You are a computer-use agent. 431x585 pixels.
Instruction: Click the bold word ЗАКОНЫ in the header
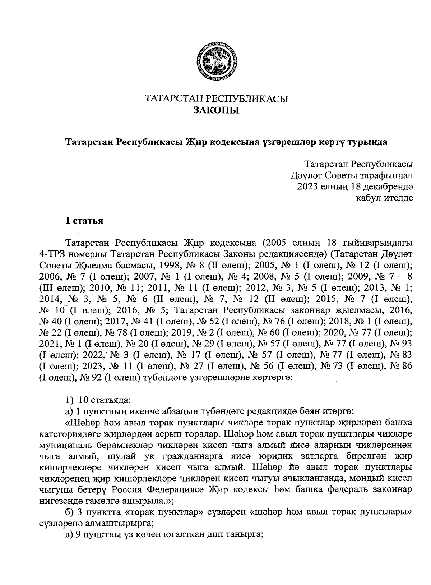216,110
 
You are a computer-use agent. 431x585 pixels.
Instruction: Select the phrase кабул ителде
384,198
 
